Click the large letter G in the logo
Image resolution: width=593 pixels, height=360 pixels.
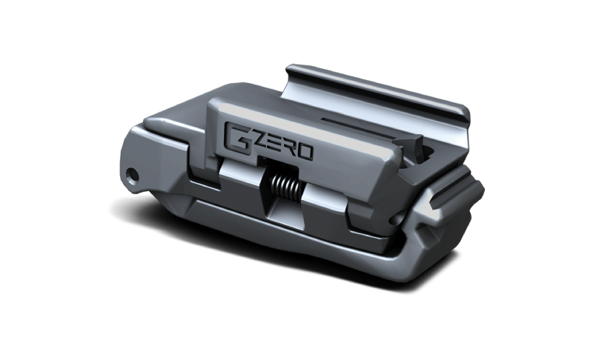[x=237, y=136]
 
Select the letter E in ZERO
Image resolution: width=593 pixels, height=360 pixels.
[x=272, y=148]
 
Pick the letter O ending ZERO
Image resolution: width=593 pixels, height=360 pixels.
[x=305, y=153]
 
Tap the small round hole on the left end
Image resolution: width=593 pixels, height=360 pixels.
[x=133, y=174]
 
